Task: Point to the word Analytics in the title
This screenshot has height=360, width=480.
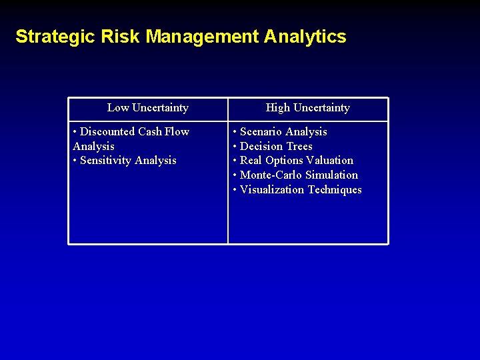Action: (305, 37)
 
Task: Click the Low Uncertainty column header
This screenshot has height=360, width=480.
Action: (147, 108)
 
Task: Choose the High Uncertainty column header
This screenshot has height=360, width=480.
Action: (307, 108)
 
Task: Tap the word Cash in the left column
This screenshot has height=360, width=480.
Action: (150, 132)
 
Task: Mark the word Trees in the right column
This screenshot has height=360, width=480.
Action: (298, 147)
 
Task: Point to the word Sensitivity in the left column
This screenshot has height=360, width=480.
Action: (105, 161)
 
